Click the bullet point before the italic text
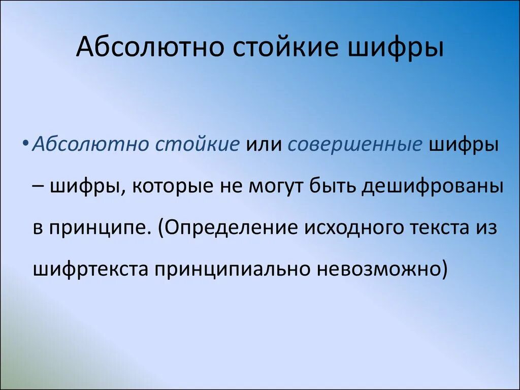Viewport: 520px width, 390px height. click(x=25, y=144)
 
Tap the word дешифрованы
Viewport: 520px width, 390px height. click(x=433, y=186)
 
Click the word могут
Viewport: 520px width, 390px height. click(x=276, y=186)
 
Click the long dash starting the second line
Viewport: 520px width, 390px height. click(x=40, y=186)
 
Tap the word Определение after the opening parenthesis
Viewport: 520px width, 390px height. click(x=233, y=227)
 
